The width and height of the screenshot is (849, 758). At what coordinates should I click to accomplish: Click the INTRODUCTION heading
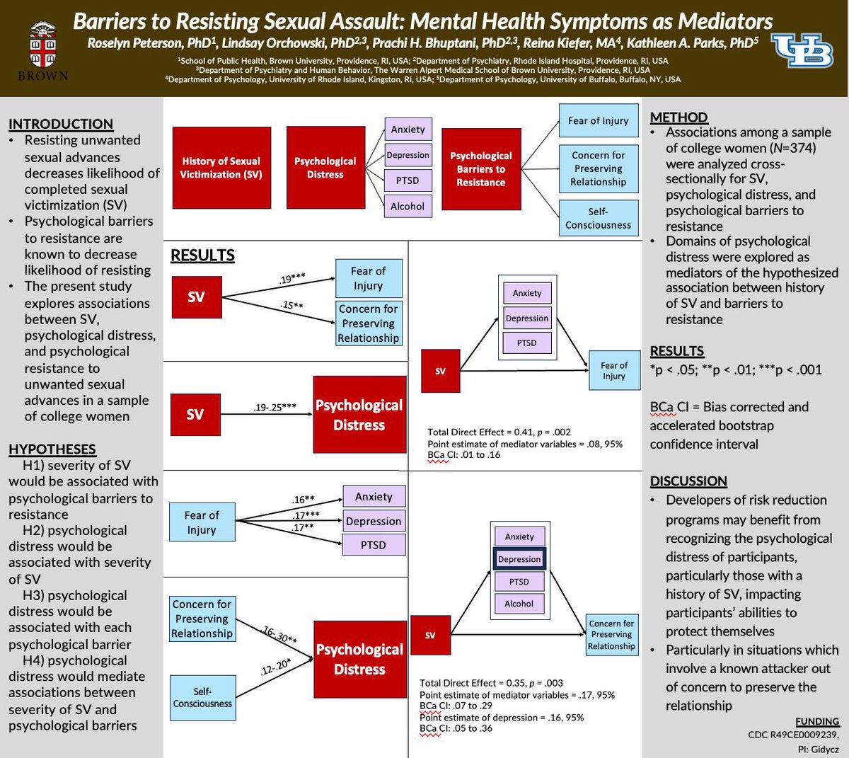[x=61, y=124]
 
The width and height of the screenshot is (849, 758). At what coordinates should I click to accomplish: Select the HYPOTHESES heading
[x=52, y=449]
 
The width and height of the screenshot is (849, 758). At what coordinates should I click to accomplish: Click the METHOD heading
[x=678, y=117]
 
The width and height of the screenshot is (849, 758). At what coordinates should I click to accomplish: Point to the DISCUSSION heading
[x=688, y=481]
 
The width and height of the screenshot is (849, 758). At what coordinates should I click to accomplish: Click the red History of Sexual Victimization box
[x=221, y=168]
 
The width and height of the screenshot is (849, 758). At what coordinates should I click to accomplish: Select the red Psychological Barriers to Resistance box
[x=481, y=168]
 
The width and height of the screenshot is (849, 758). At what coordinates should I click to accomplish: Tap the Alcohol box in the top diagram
[x=408, y=206]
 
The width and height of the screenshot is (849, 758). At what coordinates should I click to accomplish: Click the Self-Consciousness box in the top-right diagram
[x=598, y=218]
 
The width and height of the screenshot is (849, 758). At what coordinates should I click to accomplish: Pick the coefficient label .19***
[x=292, y=279]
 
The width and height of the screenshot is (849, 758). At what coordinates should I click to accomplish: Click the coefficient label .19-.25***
[x=275, y=407]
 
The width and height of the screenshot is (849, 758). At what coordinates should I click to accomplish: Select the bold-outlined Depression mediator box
[x=519, y=559]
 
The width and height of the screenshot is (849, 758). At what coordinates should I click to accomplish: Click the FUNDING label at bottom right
[x=817, y=721]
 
